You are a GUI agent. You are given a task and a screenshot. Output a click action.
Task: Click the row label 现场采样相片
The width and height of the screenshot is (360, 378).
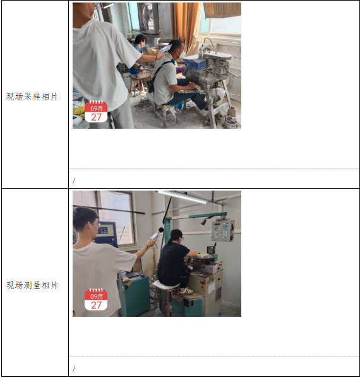pos(32,97)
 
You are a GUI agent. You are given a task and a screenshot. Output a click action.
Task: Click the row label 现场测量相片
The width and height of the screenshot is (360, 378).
pos(32,285)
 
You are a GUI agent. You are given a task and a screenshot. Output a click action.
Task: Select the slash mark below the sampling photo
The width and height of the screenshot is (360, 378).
pos(74,181)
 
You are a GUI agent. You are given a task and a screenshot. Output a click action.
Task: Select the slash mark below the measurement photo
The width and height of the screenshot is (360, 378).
pos(74,369)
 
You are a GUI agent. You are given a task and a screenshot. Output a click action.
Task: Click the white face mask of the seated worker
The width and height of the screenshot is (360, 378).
pos(182,54)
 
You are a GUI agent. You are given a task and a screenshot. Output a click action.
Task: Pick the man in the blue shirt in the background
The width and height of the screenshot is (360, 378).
pos(137,55)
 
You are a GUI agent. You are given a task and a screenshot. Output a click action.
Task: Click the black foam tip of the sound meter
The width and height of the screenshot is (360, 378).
pos(161,230)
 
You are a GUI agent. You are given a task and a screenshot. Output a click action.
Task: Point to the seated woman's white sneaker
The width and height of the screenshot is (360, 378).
pos(186,291)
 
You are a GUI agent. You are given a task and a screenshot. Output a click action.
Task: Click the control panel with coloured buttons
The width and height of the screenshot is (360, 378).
pos(222,230)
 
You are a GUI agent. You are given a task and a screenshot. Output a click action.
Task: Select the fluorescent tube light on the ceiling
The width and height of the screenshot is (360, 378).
pos(183,197)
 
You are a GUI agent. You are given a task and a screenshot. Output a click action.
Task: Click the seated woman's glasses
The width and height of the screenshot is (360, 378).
pos(181,239)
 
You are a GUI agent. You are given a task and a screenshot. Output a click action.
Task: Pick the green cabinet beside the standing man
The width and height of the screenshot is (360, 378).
pos(134,293)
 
